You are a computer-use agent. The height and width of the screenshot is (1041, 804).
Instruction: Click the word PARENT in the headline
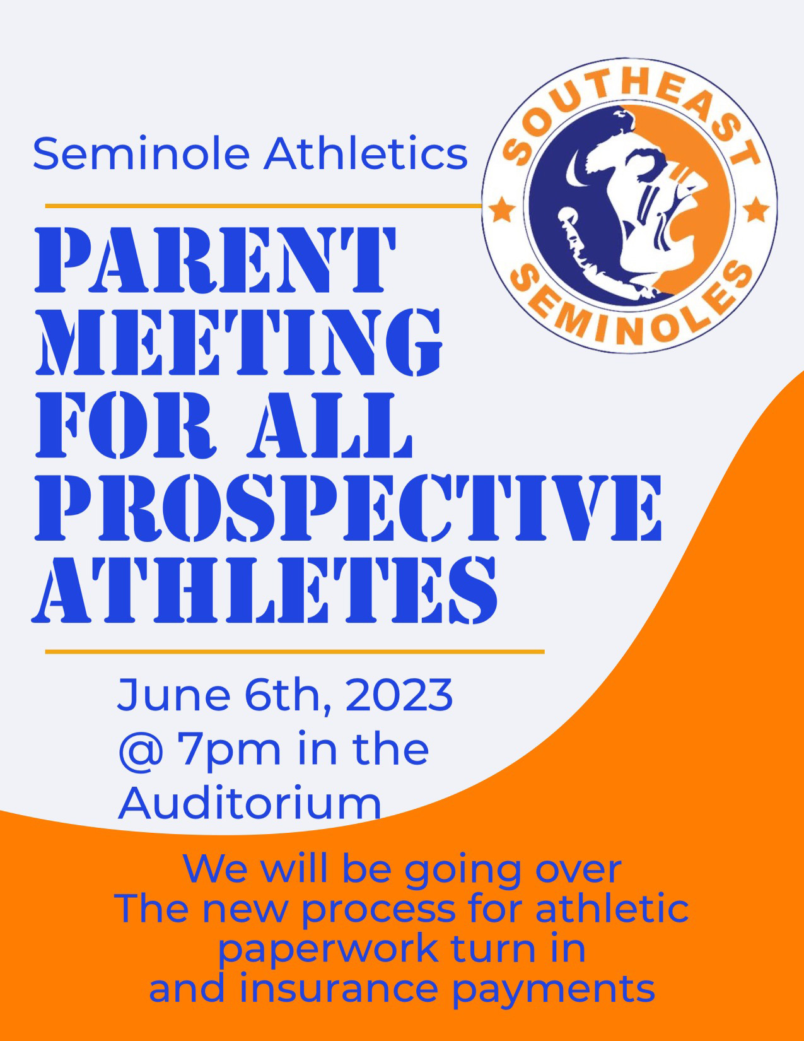tap(216, 259)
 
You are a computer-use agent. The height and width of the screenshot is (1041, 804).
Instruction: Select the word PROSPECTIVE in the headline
tap(348, 508)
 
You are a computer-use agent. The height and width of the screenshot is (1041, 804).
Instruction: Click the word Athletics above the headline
tap(365, 154)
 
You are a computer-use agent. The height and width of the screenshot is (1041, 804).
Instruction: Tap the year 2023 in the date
tap(399, 694)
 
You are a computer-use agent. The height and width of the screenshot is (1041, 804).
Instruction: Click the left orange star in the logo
tap(501, 209)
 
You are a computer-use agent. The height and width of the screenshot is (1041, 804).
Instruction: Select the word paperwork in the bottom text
tap(327, 948)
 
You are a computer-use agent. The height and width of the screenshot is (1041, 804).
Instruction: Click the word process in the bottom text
tap(378, 909)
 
